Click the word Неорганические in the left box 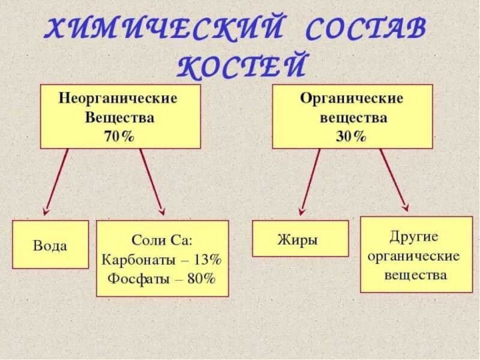pos(118,98)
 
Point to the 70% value pos(120,136)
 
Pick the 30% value pos(351,136)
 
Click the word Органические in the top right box pos(352,98)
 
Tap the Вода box pos(50,245)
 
